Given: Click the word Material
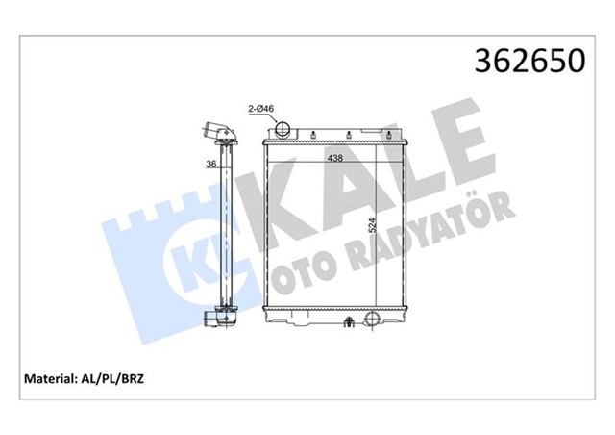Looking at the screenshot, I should point(57,378).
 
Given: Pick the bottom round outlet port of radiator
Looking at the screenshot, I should point(367,320).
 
